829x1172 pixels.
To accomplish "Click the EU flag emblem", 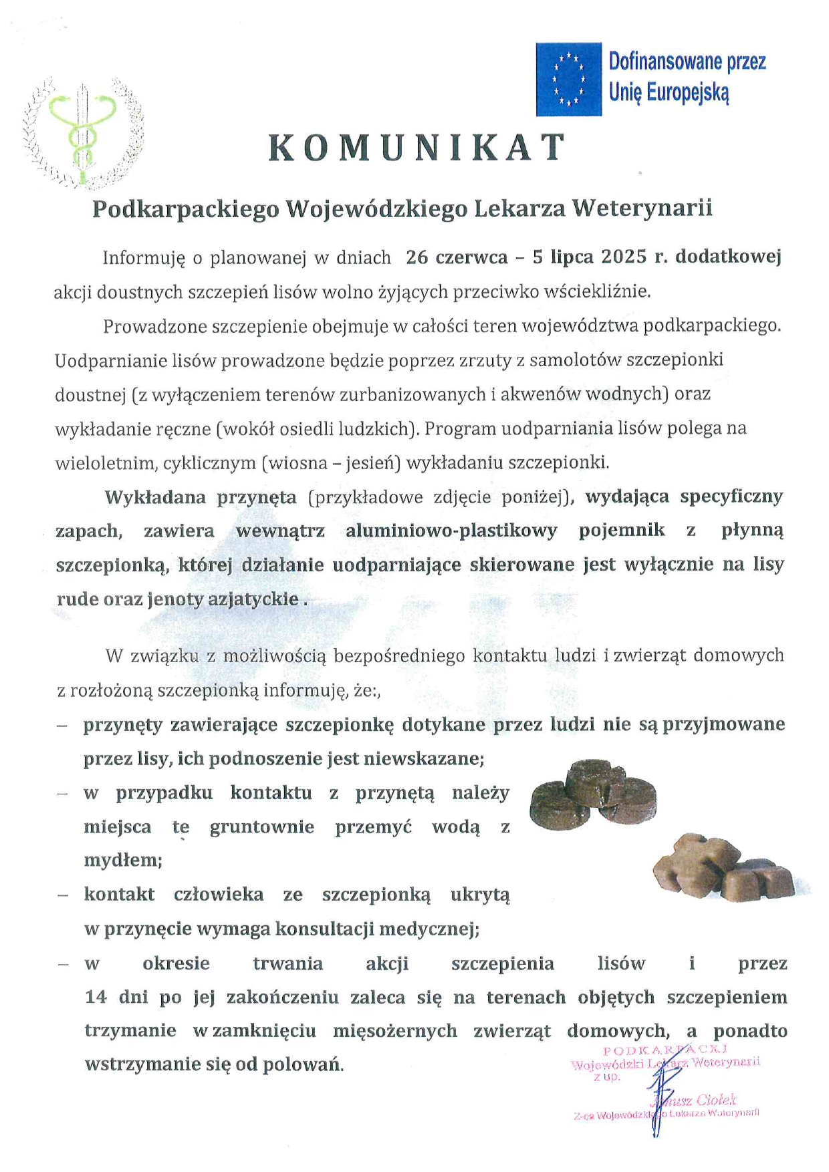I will tap(568, 80).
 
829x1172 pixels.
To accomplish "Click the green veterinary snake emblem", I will tap(82, 133).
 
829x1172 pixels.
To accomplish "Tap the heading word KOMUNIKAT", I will tap(418, 148).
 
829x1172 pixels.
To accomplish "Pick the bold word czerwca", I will tap(471, 257).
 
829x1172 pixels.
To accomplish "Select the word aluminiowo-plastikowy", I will tap(451, 531).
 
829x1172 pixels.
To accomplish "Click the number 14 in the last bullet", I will tap(96, 998).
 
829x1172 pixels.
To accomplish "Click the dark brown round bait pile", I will tap(592, 795).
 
